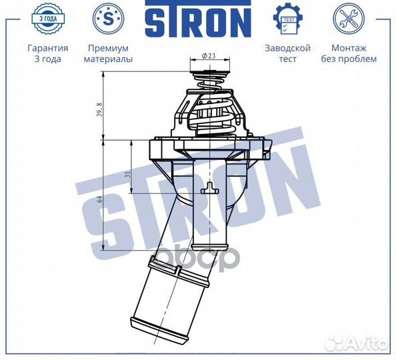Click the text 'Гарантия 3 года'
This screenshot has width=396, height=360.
(47, 53)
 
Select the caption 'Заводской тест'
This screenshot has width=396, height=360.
(288, 53)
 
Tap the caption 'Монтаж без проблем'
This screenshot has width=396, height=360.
(353, 53)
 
